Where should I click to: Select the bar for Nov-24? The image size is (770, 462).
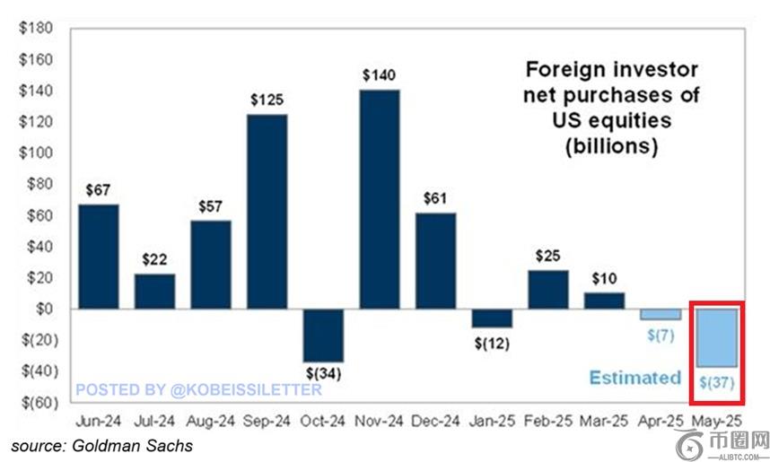[x=380, y=198]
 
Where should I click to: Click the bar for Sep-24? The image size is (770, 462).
[x=267, y=211]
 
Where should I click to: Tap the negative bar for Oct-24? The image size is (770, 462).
[x=323, y=335]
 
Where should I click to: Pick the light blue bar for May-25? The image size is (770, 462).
[x=717, y=336]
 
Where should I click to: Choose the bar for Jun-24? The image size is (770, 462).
[x=99, y=256]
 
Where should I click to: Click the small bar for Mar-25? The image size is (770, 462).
[x=603, y=301]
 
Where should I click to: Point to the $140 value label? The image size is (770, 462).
[x=380, y=75]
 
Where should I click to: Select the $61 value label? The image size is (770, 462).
[x=435, y=199]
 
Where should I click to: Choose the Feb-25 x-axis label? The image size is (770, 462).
[x=547, y=421]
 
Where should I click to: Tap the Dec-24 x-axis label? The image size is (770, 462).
[x=435, y=421]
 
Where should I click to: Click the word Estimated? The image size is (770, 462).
[x=634, y=378]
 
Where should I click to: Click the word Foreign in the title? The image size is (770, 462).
[x=562, y=70]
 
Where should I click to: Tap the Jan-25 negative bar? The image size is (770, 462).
[x=491, y=318]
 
